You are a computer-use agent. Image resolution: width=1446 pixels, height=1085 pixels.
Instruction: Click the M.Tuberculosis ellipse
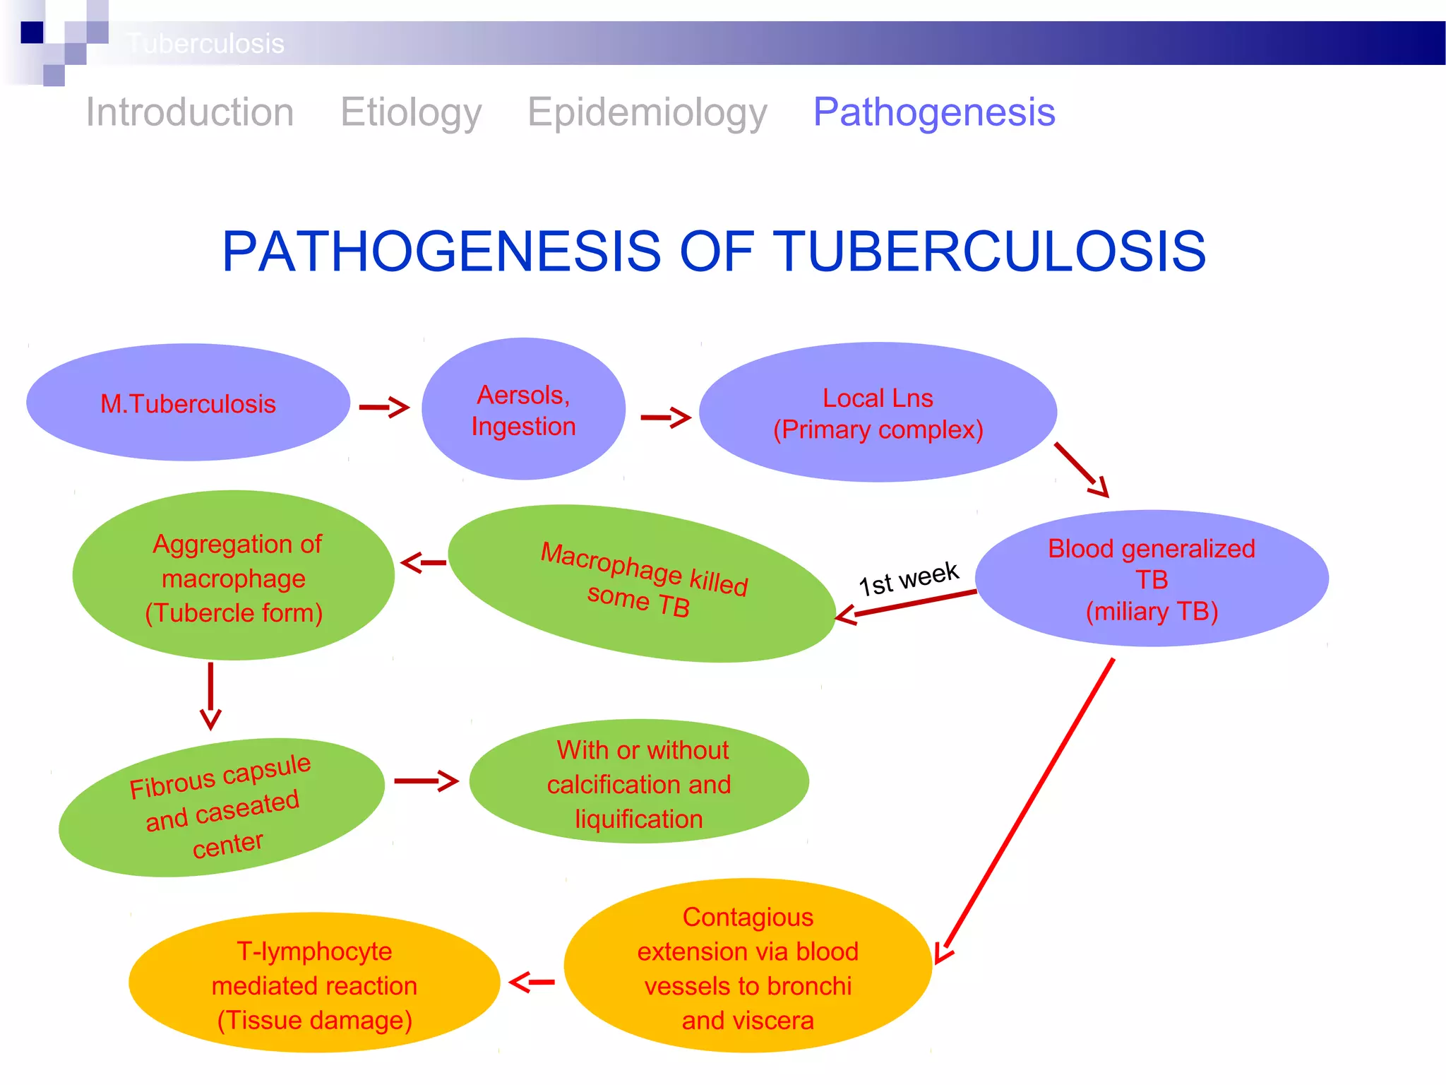click(x=188, y=403)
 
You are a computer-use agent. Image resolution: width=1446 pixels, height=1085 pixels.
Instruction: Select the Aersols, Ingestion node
click(x=523, y=410)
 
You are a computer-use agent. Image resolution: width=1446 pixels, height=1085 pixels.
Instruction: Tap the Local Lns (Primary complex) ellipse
click(x=878, y=413)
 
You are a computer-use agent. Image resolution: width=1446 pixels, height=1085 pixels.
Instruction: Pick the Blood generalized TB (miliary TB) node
click(x=1152, y=579)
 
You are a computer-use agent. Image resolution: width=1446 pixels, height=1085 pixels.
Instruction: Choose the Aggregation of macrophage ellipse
click(x=234, y=576)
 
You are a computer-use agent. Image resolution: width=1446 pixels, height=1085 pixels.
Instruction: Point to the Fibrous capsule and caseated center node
click(x=221, y=807)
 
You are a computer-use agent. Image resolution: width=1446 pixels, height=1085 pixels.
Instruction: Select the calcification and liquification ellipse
click(x=639, y=783)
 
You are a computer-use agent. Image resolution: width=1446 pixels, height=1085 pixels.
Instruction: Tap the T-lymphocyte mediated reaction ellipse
click(x=314, y=984)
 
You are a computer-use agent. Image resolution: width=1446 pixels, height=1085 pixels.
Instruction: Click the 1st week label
click(x=908, y=579)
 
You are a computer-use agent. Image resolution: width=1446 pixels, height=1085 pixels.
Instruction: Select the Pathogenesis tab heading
click(x=933, y=112)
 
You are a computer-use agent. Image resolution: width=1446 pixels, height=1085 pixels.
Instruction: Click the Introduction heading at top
click(x=189, y=112)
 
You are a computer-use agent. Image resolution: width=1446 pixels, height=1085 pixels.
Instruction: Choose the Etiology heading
click(x=411, y=112)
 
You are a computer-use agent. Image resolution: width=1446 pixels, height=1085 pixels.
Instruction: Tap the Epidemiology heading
click(x=647, y=112)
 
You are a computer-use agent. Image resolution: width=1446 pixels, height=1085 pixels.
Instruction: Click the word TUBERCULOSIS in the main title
click(x=990, y=251)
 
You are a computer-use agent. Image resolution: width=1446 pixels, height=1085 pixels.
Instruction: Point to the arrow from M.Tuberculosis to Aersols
click(x=383, y=408)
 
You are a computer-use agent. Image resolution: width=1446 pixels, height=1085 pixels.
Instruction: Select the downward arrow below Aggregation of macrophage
click(x=210, y=696)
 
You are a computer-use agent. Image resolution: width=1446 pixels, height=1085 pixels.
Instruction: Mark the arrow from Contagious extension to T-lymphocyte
click(x=532, y=983)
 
